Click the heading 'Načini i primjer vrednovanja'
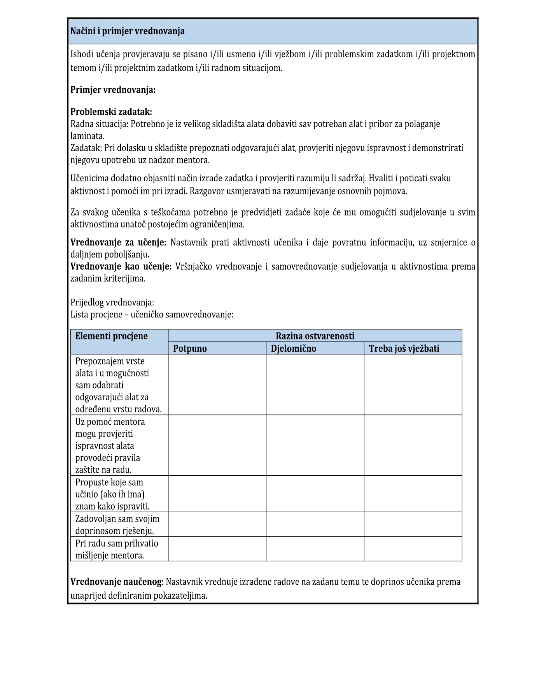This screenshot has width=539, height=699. click(x=128, y=32)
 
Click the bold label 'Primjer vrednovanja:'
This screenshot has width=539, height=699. click(x=113, y=90)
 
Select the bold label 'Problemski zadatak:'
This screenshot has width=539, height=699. click(x=111, y=112)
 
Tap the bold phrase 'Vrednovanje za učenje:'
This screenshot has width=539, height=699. click(x=118, y=243)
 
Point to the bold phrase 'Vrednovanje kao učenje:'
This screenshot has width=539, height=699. click(x=121, y=267)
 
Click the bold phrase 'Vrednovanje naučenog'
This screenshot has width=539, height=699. click(x=115, y=582)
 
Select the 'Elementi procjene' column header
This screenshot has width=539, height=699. click(x=112, y=336)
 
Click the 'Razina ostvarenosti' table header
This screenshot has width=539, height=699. click(x=315, y=336)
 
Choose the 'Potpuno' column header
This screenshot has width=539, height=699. click(x=190, y=349)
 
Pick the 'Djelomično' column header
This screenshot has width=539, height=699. click(x=294, y=349)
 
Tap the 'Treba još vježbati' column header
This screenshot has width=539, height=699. click(x=404, y=349)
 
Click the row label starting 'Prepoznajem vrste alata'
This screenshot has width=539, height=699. click(x=118, y=385)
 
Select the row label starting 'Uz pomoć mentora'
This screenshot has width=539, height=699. click(x=110, y=445)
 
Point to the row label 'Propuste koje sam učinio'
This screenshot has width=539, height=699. click(x=112, y=494)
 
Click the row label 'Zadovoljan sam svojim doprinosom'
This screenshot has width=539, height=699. click(x=117, y=525)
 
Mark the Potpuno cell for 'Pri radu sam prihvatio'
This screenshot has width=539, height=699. click(x=217, y=549)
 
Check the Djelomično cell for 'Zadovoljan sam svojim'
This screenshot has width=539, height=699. click(x=315, y=525)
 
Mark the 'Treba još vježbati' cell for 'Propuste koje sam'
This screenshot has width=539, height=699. click(x=413, y=494)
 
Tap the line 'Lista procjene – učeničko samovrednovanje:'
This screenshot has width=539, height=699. click(x=152, y=315)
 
